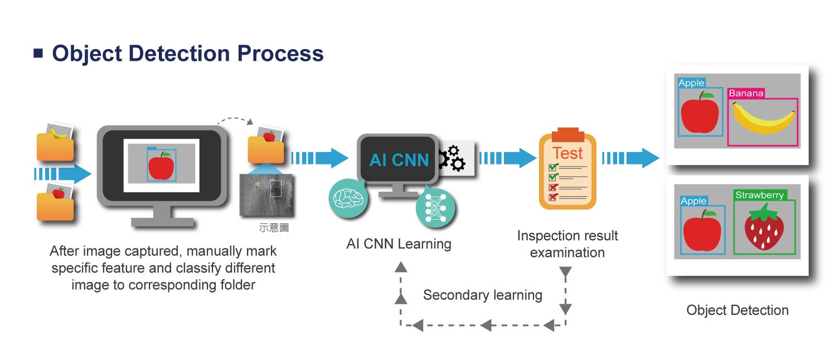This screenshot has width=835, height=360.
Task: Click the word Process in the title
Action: (x=280, y=53)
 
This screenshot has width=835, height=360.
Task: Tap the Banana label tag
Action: (x=746, y=93)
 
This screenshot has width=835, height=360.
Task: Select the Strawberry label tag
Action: (x=759, y=195)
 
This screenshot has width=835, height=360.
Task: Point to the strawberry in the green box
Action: (x=764, y=227)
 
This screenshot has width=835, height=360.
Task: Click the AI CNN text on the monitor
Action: (x=399, y=160)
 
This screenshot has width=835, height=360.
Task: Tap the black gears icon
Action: (x=452, y=158)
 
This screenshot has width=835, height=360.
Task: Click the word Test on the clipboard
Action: (x=567, y=153)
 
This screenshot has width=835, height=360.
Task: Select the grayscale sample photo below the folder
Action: (x=266, y=195)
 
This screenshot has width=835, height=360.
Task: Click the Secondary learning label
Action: (x=482, y=295)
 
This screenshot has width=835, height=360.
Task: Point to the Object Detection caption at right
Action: (x=737, y=310)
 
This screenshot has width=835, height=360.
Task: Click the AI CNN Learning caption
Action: (x=399, y=244)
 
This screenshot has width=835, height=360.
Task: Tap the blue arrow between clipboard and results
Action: (x=630, y=158)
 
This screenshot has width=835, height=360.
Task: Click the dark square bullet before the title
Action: (x=38, y=53)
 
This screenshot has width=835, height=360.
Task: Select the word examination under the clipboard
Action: (x=567, y=252)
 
